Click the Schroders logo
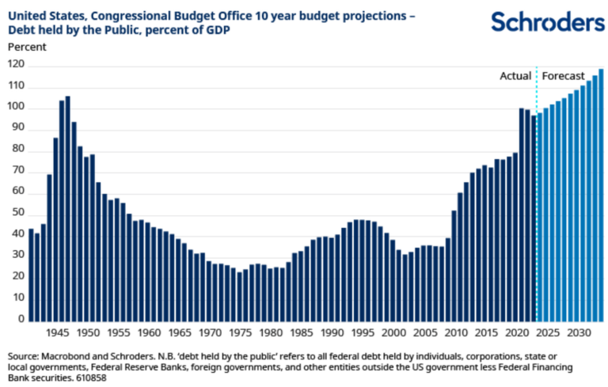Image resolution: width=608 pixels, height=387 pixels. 547,21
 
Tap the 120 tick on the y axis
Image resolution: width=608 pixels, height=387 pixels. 16,65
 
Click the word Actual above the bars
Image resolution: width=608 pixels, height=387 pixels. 515,76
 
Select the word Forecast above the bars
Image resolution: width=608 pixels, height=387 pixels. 563,76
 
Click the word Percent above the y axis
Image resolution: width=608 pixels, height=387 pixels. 27,47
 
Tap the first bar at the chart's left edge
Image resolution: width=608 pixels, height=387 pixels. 31,274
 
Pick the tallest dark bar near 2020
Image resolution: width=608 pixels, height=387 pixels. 522,214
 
